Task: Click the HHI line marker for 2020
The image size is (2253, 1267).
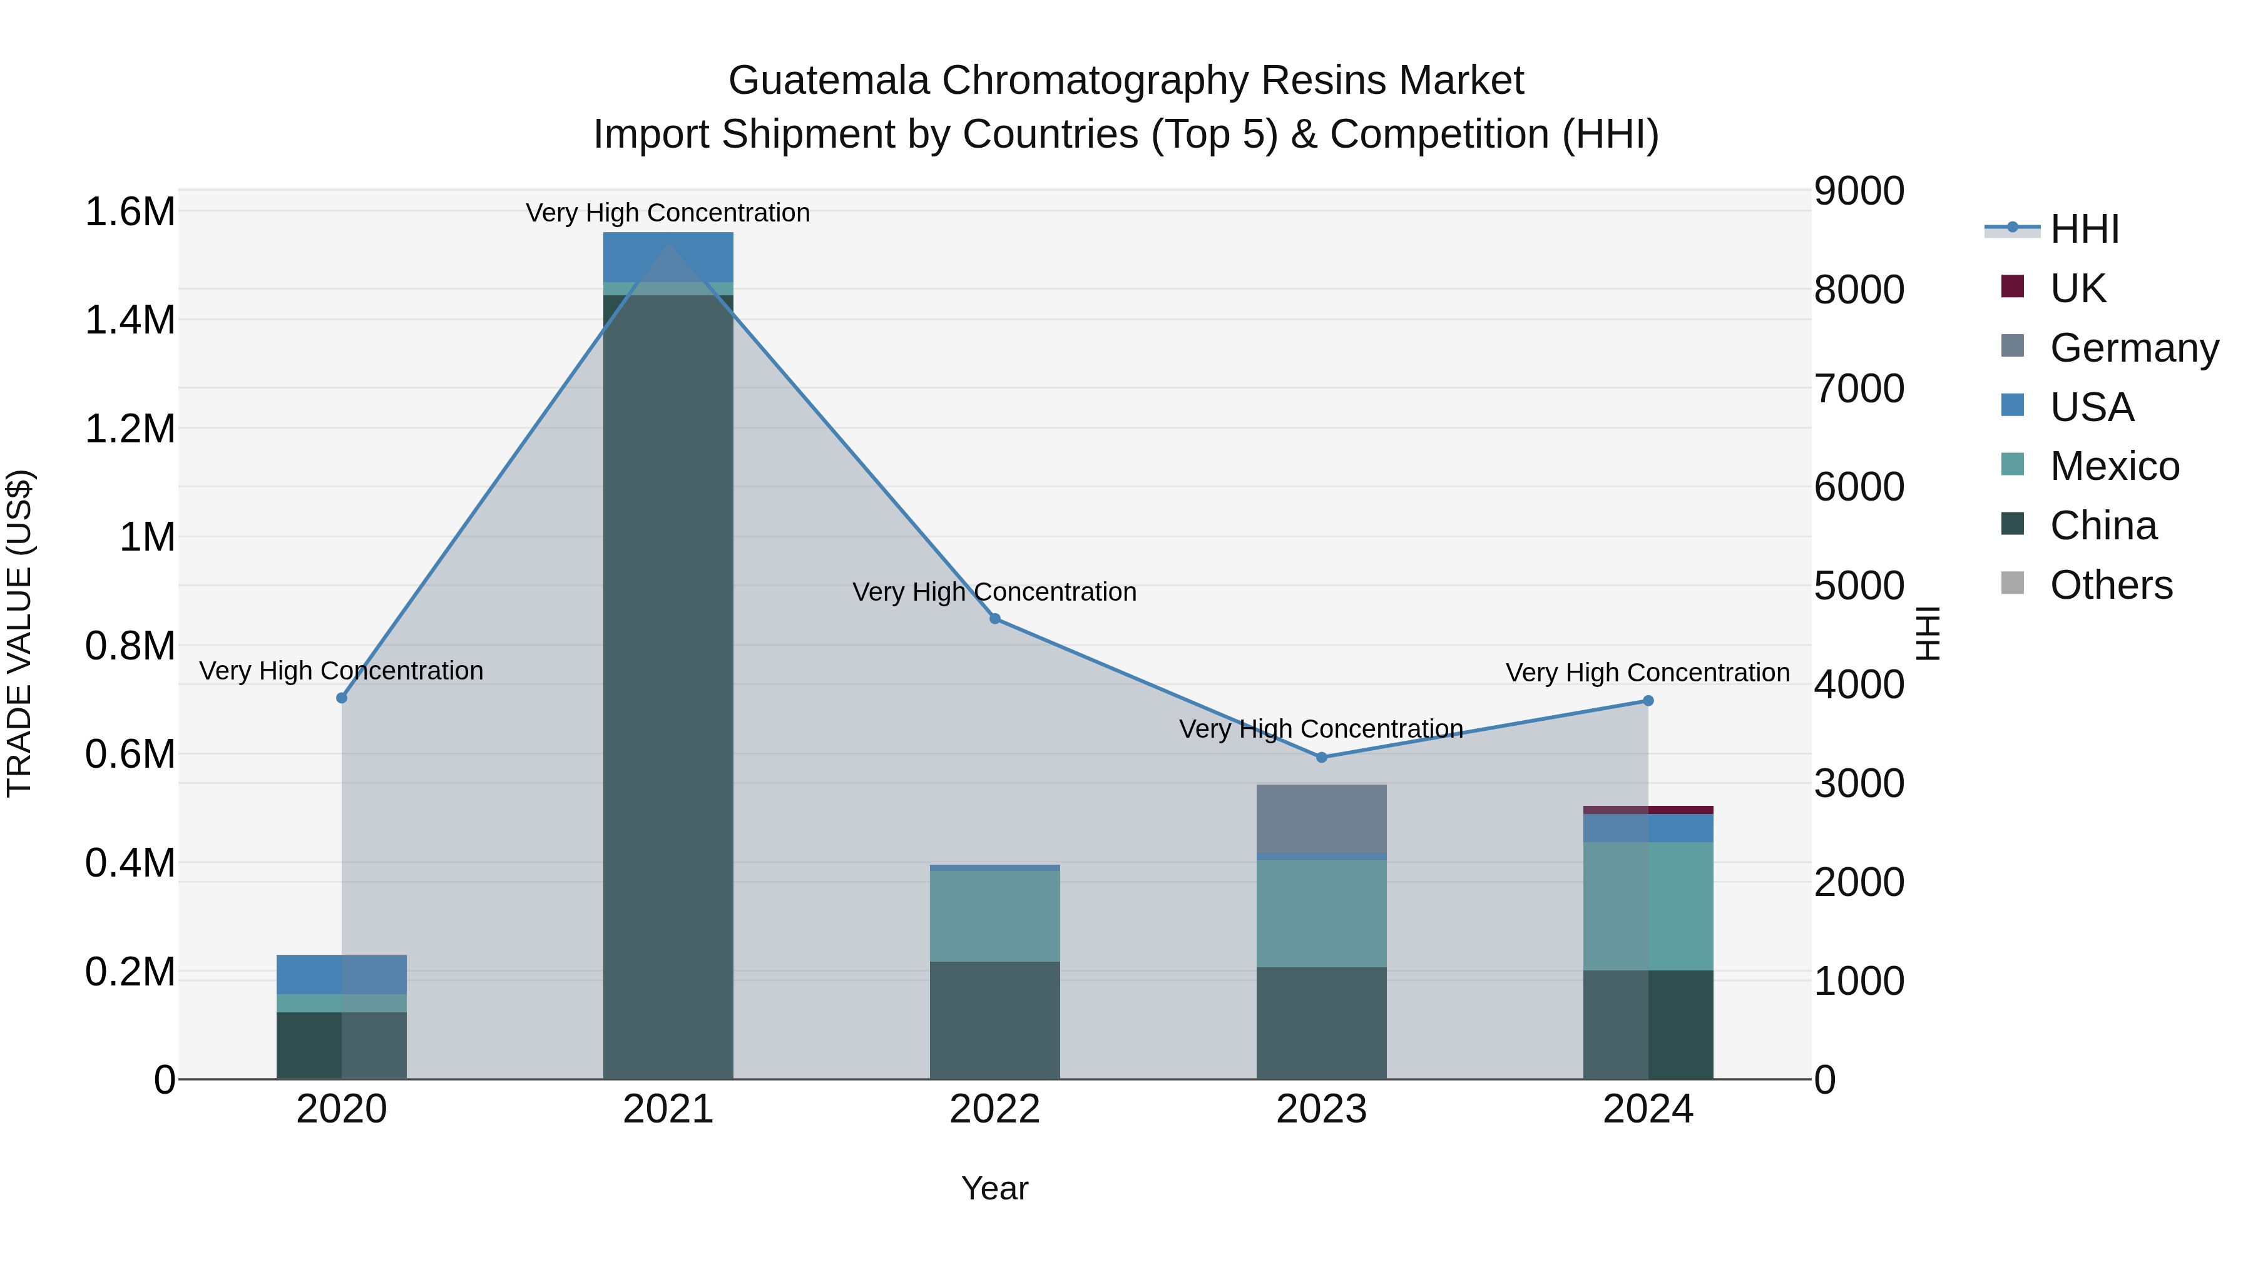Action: [341, 698]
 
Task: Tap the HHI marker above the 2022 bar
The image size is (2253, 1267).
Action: [994, 619]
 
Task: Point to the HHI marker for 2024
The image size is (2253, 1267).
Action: [1648, 700]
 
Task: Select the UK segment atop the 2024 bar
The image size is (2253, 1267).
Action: [1648, 810]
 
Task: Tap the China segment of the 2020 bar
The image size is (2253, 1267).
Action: [341, 1045]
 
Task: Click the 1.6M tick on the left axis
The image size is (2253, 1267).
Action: [130, 213]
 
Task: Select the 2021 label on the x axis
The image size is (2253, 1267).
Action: [668, 1109]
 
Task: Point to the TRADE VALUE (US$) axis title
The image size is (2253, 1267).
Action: [19, 633]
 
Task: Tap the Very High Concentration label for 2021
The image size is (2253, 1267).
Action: [668, 213]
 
